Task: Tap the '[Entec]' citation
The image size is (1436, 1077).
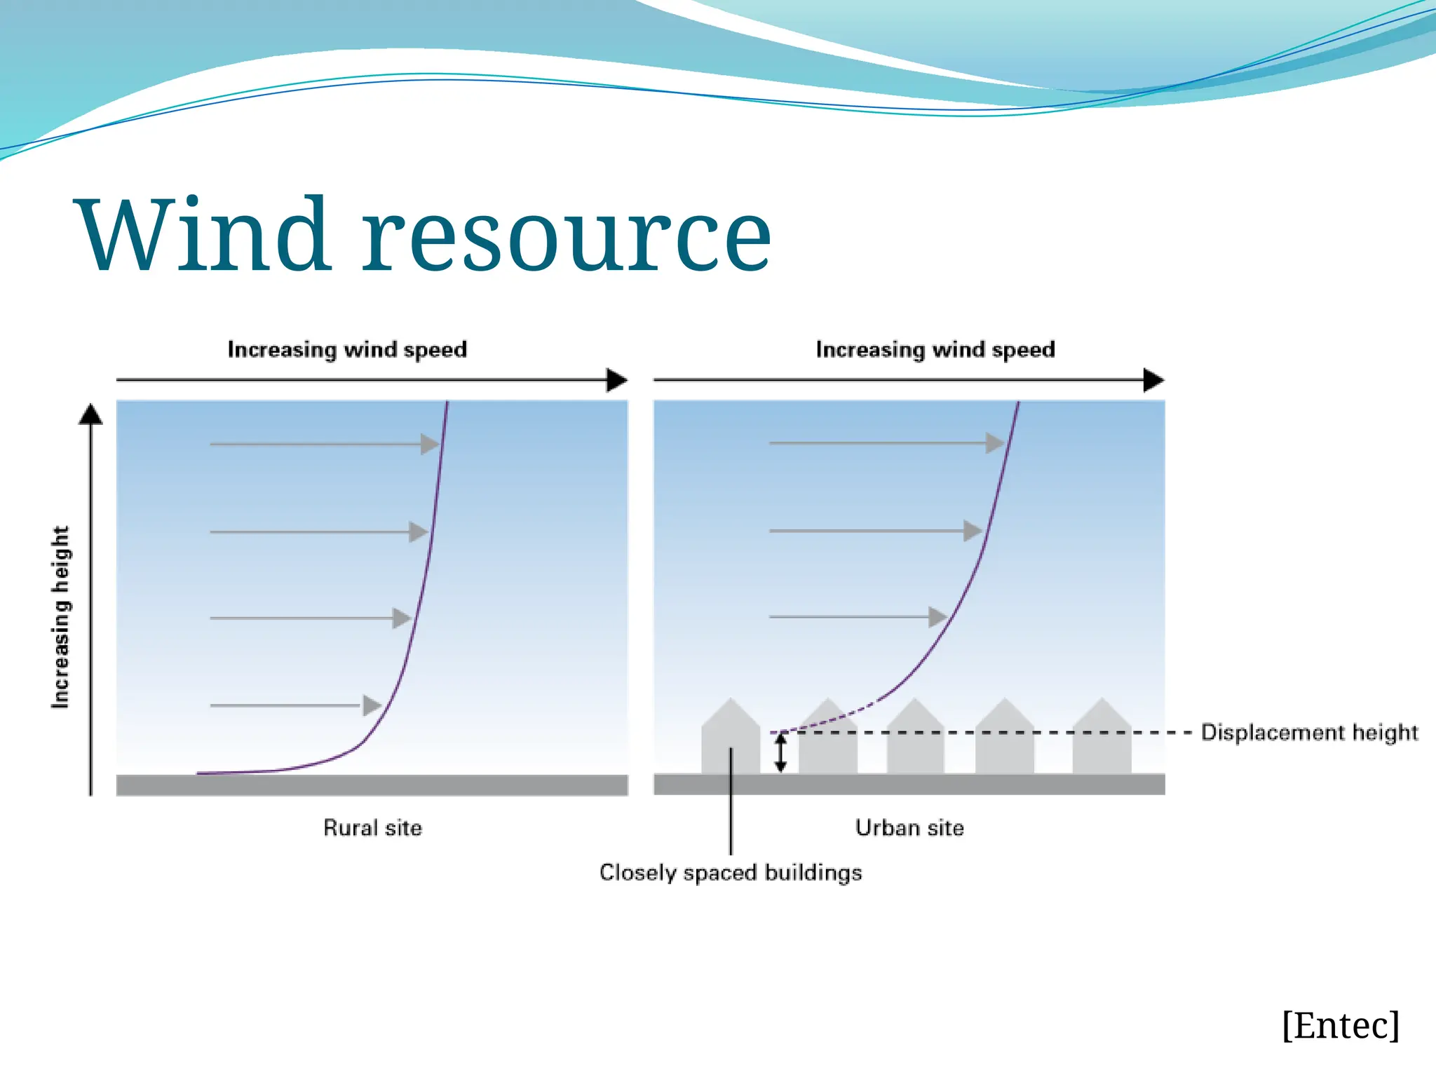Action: pyautogui.click(x=1340, y=1026)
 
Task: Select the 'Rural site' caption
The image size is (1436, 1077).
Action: pyautogui.click(x=372, y=828)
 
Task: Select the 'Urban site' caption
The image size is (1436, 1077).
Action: pyautogui.click(x=909, y=828)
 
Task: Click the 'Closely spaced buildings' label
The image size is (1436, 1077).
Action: pyautogui.click(x=731, y=873)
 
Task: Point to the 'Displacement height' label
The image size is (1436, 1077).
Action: pyautogui.click(x=1309, y=733)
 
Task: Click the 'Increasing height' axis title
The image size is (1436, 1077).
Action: pyautogui.click(x=61, y=617)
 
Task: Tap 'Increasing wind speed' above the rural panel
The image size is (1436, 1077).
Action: pyautogui.click(x=347, y=349)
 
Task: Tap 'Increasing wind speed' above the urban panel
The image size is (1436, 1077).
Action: pyautogui.click(x=935, y=349)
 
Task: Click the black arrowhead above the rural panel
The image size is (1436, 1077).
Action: pyautogui.click(x=616, y=380)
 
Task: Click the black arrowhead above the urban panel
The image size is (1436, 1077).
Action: pyautogui.click(x=1153, y=380)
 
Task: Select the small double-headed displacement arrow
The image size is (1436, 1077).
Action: pyautogui.click(x=780, y=753)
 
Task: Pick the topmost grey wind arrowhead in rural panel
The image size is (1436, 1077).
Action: pyautogui.click(x=430, y=444)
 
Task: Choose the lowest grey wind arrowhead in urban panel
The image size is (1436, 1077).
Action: pyautogui.click(x=937, y=617)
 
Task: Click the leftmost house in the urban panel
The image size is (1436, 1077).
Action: pyautogui.click(x=731, y=740)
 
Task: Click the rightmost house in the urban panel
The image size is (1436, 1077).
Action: pyautogui.click(x=1102, y=740)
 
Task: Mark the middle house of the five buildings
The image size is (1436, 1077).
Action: pyautogui.click(x=915, y=740)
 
